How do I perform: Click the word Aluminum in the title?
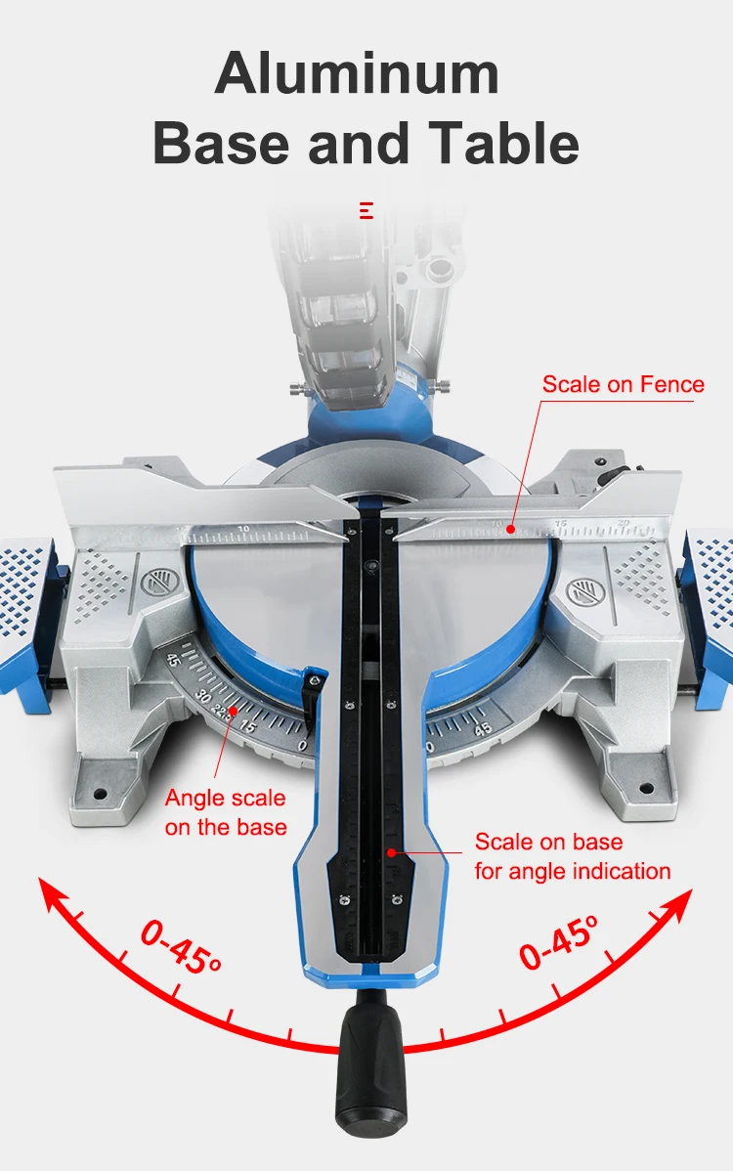pos(357,73)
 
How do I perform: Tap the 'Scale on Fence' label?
pos(623,384)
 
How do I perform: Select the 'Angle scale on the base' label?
pos(225,812)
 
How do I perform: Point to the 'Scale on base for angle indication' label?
pos(573,856)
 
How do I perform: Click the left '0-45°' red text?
pos(181,946)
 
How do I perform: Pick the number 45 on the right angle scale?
pos(483,727)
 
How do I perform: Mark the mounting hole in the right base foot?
pos(648,784)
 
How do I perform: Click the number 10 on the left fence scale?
pos(243,530)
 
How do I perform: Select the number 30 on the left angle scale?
pos(204,698)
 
